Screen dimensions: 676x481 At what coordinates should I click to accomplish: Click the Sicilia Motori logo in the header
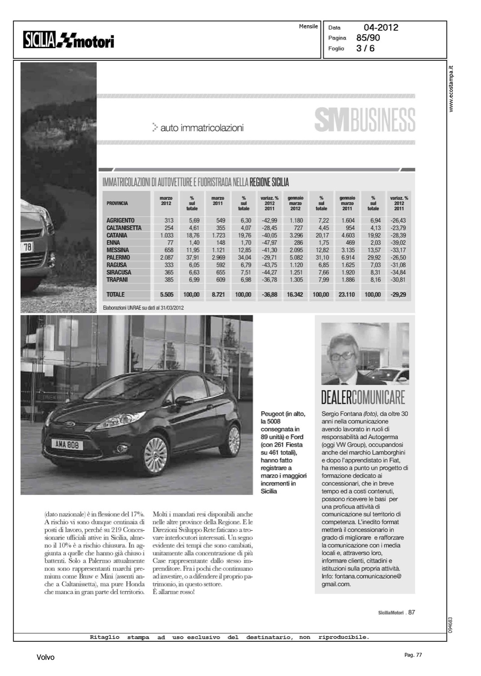(69, 41)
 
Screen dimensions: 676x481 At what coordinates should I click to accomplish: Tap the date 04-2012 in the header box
(381, 27)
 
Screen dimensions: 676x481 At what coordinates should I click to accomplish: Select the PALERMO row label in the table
(118, 257)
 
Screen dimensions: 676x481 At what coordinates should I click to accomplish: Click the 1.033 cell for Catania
(166, 235)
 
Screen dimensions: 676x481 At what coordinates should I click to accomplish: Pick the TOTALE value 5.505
(166, 295)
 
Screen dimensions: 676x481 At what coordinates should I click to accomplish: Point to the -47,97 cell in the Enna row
(269, 242)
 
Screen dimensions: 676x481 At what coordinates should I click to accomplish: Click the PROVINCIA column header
(117, 203)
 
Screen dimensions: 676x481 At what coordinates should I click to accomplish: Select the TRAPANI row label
(117, 279)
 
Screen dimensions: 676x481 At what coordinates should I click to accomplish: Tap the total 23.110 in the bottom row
(346, 295)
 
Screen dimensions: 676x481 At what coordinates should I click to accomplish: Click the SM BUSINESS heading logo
(364, 120)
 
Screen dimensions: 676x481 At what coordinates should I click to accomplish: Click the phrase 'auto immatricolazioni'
(202, 128)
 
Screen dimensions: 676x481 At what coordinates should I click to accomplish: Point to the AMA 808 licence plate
(67, 445)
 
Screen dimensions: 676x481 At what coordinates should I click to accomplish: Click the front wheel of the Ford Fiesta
(156, 454)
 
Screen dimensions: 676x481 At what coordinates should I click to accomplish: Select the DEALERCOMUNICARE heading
(363, 397)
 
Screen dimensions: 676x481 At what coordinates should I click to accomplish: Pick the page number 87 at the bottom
(412, 612)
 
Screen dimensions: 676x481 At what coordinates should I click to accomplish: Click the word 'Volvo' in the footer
(45, 658)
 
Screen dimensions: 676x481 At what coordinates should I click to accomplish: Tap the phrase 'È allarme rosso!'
(174, 592)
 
